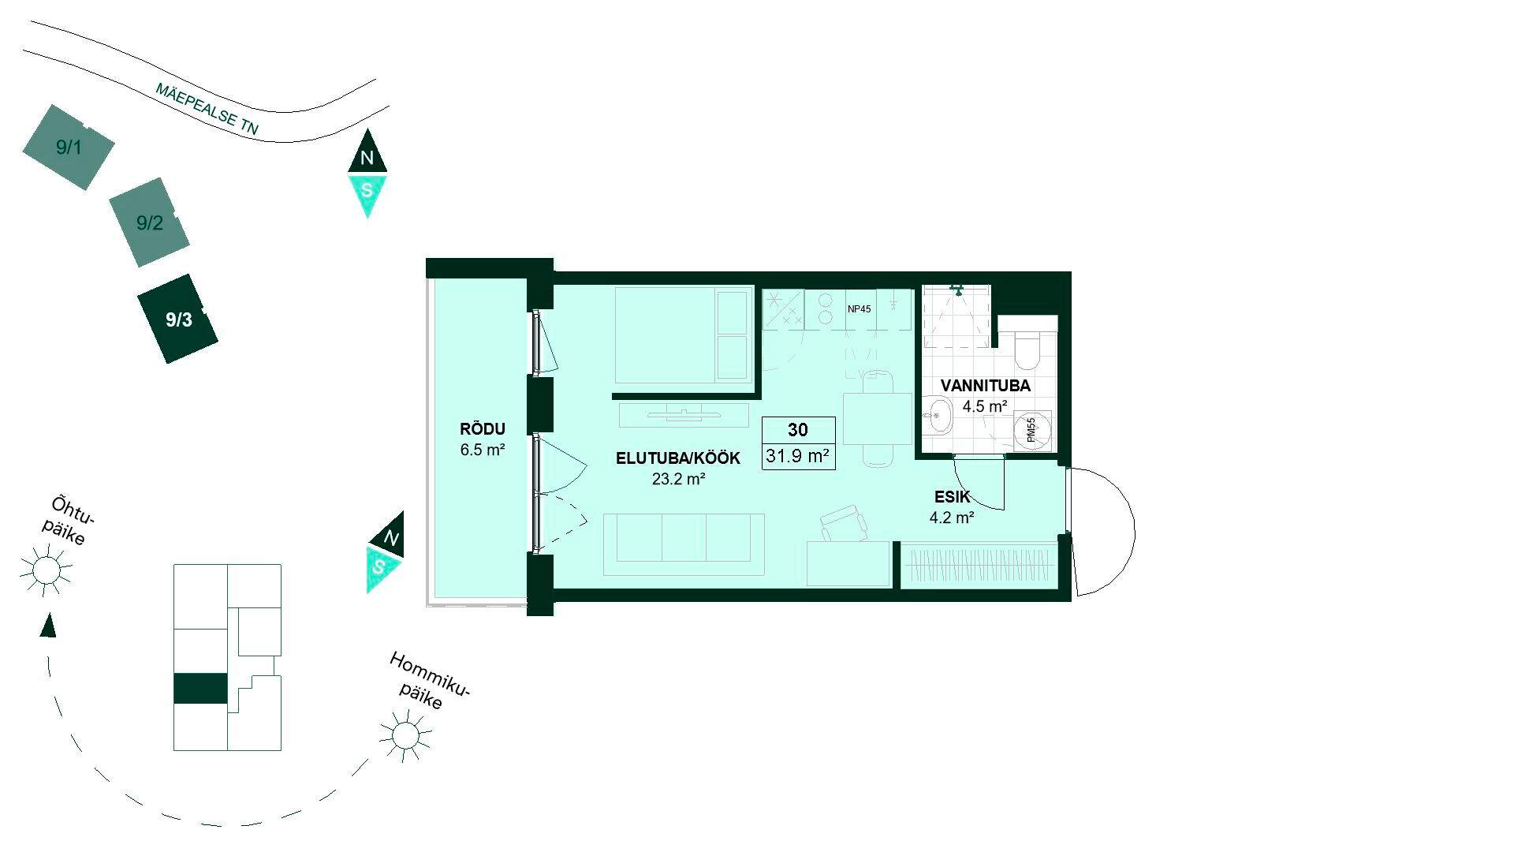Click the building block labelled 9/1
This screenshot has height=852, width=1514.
click(69, 148)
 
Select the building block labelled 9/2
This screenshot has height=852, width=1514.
click(149, 222)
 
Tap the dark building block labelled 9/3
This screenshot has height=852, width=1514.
click(178, 319)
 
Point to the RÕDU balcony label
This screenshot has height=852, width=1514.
click(482, 429)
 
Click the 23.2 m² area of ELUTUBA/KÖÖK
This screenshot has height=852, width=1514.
click(678, 478)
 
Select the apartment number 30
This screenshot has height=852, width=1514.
click(798, 430)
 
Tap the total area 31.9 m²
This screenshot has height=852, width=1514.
click(798, 455)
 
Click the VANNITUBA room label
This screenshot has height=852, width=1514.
click(986, 386)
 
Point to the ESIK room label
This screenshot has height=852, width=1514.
click(953, 498)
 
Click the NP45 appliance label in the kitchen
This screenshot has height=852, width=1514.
click(860, 309)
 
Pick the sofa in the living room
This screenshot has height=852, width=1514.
click(684, 544)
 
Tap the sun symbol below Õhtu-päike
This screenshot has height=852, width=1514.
click(46, 569)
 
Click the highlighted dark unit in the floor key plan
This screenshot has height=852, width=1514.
click(200, 689)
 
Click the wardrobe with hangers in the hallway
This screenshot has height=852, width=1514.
click(979, 565)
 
